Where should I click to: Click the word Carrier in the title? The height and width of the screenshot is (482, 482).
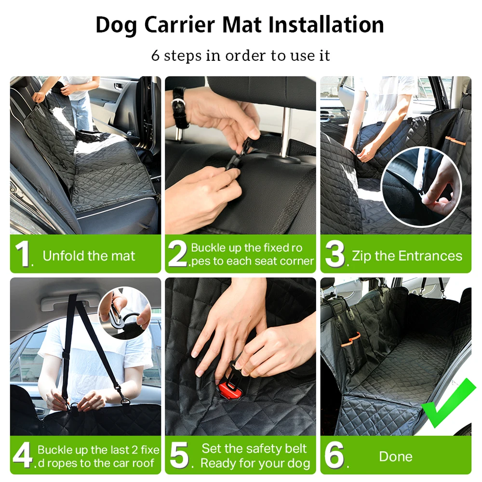[x=179, y=25]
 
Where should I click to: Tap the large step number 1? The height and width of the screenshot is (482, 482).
[x=23, y=254]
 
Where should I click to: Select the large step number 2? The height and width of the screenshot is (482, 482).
[x=178, y=254]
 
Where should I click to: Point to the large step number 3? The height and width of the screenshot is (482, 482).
[x=335, y=254]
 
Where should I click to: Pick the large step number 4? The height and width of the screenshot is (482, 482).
[x=22, y=455]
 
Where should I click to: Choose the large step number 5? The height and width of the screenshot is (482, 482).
[x=179, y=455]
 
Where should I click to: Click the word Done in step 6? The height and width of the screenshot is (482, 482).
[x=396, y=456]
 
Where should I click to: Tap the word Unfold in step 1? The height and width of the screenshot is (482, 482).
[x=63, y=256]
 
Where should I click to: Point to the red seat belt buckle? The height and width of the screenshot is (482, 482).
[x=228, y=389]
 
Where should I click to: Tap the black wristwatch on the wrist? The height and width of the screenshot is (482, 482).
[x=180, y=107]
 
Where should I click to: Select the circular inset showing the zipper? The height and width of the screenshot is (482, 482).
[x=421, y=187]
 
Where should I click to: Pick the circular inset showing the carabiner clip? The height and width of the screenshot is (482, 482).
[x=125, y=313]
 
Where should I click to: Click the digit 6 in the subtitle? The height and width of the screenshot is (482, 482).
[x=156, y=55]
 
